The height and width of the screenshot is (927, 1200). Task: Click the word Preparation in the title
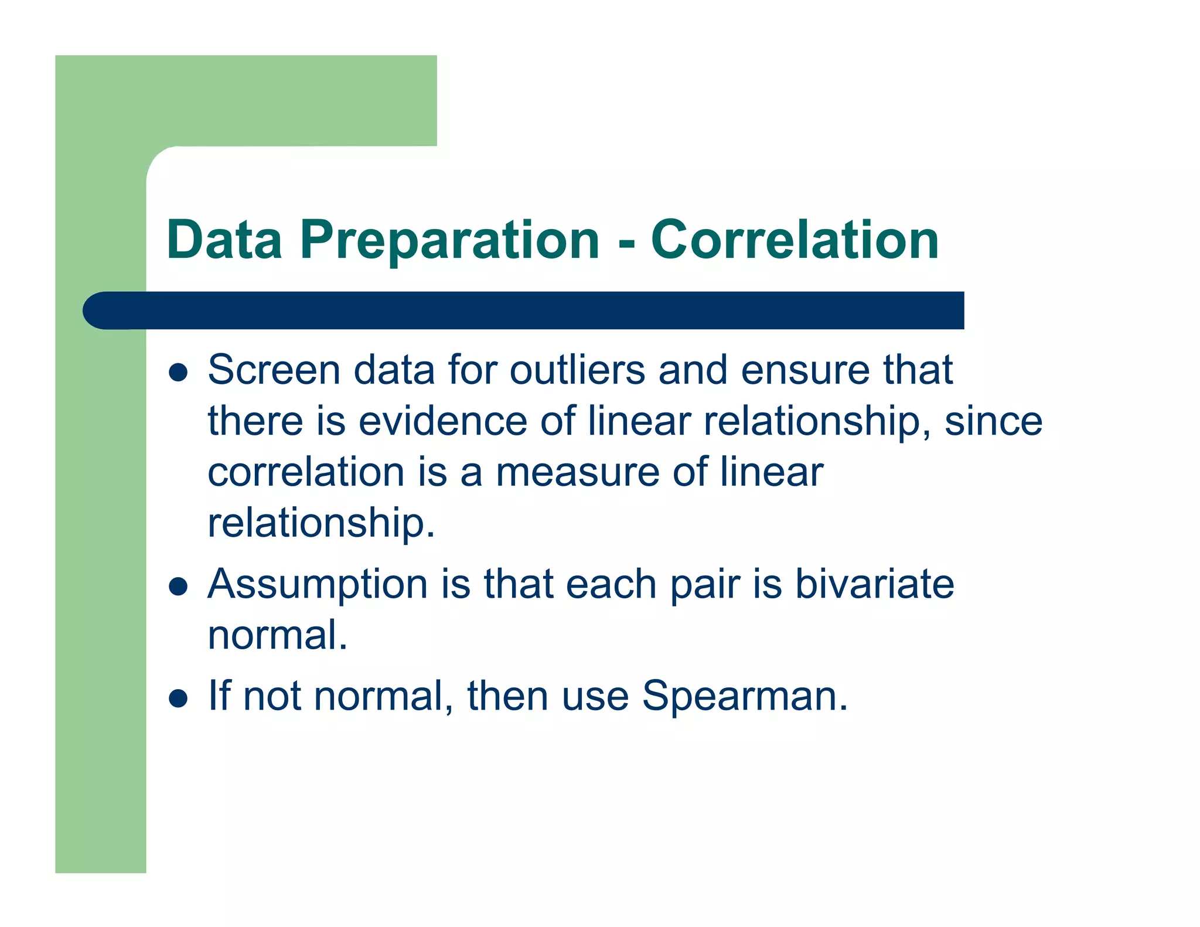(x=449, y=240)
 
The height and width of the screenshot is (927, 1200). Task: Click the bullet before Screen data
(x=178, y=372)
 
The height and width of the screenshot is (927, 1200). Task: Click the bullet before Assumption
(x=178, y=586)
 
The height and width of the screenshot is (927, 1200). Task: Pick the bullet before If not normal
(x=178, y=698)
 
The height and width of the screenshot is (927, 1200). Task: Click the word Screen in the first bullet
(x=274, y=370)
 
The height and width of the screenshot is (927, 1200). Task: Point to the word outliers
(x=577, y=370)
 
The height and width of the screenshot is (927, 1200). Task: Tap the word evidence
(x=442, y=421)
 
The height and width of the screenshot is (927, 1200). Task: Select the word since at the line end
(x=993, y=421)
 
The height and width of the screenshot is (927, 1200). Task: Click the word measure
(x=577, y=472)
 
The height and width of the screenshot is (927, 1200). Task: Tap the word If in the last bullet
(x=219, y=696)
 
